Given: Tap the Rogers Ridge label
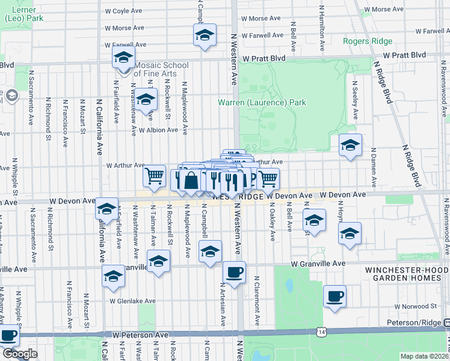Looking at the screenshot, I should pos(367,42).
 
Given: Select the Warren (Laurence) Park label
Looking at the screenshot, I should pos(262,102).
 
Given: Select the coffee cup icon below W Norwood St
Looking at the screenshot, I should pos(335,297).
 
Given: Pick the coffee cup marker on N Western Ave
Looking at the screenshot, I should pos(234,273).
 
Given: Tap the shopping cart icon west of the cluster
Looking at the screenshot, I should pos(155,176).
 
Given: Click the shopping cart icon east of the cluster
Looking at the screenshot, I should pos(268,179).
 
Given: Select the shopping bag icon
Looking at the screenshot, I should pos(191,180).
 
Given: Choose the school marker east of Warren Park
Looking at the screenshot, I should pos(350,145).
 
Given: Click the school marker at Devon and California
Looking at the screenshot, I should pos(106,209).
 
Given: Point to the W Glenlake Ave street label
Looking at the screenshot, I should pos(132,301).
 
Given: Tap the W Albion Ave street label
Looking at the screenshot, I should pos(158,129).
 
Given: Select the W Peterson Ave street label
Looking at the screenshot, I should pos(138,334).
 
